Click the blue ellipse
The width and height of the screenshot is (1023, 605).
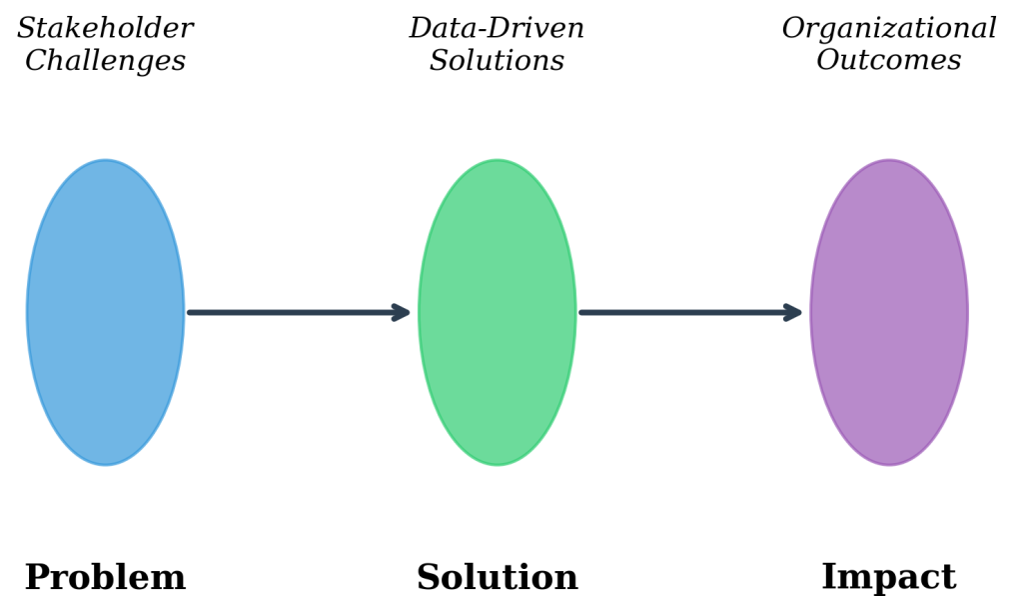click(x=105, y=312)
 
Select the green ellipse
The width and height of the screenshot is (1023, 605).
click(x=497, y=312)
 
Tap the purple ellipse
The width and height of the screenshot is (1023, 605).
click(x=888, y=312)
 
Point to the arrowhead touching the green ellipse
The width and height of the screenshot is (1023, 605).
click(x=403, y=312)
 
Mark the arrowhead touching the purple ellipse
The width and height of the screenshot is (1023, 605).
click(x=794, y=312)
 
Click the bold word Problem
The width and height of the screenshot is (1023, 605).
click(x=105, y=578)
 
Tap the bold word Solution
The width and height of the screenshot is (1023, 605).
click(x=497, y=578)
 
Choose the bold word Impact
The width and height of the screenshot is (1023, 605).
click(x=888, y=577)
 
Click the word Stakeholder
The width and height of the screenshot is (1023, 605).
click(x=105, y=29)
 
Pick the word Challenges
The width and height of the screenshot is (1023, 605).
click(x=105, y=61)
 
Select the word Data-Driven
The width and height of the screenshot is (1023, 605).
click(x=497, y=29)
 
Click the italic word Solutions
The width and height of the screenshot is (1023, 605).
click(x=497, y=61)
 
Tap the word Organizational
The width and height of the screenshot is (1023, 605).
click(x=888, y=29)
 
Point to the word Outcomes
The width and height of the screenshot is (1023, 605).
click(x=888, y=60)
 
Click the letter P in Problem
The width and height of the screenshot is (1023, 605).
click(x=36, y=578)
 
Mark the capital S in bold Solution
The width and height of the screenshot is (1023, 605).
click(x=427, y=578)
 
